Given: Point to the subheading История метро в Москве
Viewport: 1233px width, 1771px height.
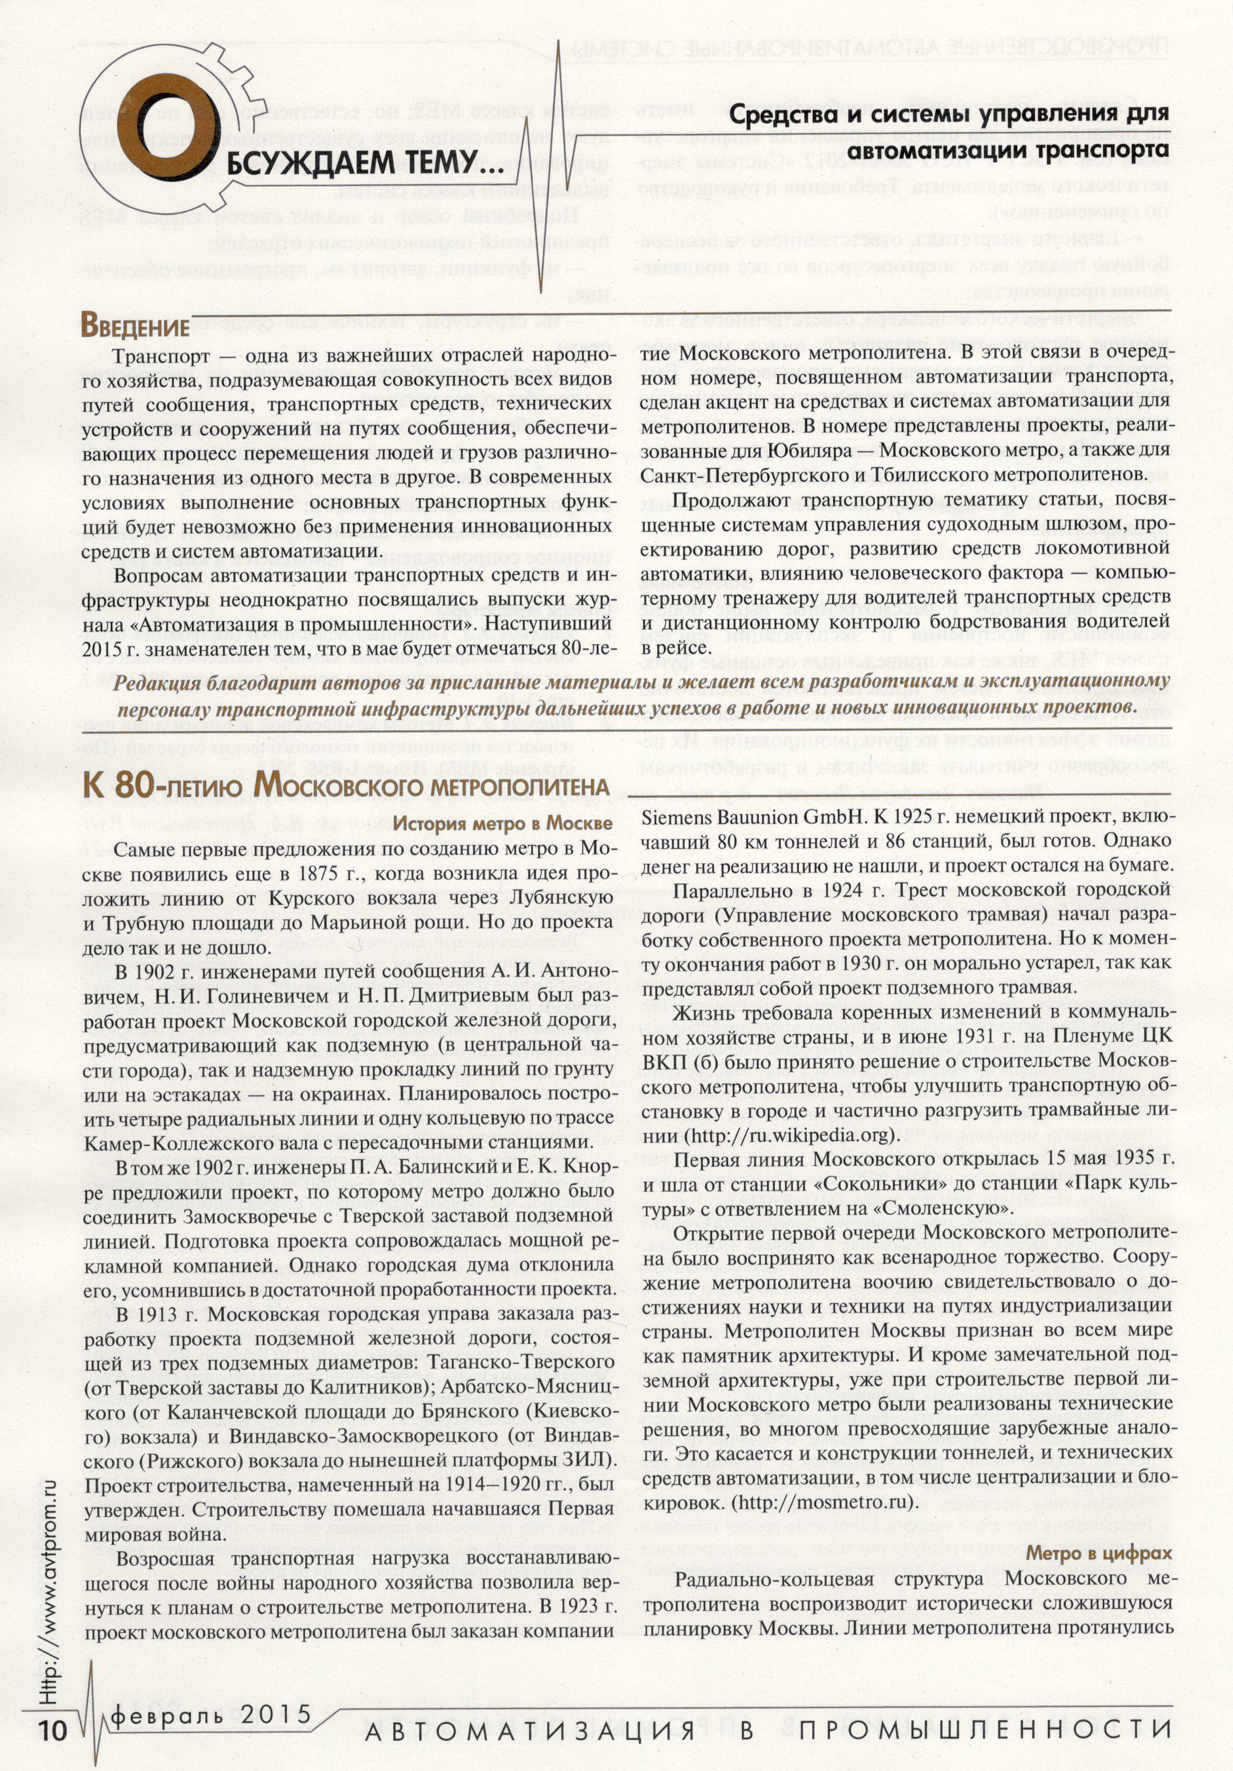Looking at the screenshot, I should pos(503,824).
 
